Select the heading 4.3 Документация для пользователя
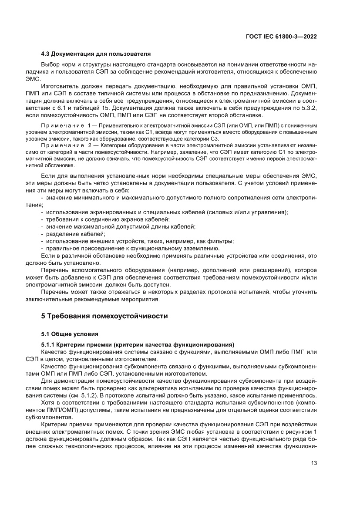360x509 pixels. [96, 54]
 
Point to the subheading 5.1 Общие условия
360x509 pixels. [67, 334]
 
